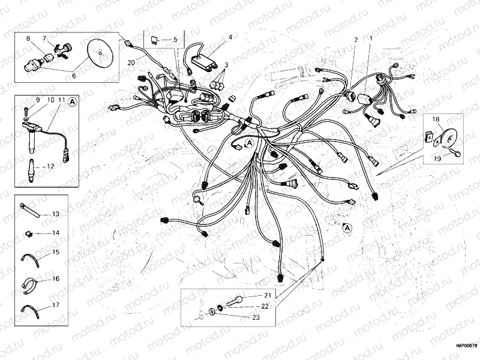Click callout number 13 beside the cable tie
point(55,214)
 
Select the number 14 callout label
point(55,232)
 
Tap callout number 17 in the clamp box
point(55,305)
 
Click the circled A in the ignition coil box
point(72,102)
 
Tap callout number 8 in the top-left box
point(28,39)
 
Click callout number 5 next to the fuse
point(175,40)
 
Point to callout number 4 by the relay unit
point(230,37)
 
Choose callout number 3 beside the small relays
point(226,65)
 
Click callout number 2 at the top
point(356,40)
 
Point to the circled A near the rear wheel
point(347,227)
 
